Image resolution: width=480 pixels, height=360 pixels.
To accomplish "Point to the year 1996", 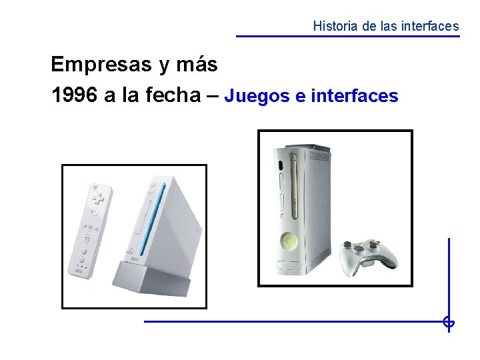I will click(x=73, y=95).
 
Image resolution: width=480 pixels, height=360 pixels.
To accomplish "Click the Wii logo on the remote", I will click(x=79, y=270).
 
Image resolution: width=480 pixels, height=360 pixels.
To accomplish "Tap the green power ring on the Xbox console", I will click(x=289, y=241).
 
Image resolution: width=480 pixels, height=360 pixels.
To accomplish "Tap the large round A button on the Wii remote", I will click(x=94, y=212).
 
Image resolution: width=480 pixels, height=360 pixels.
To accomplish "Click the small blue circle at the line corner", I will click(x=449, y=323).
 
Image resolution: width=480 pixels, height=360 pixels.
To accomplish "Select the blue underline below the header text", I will click(x=348, y=36).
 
